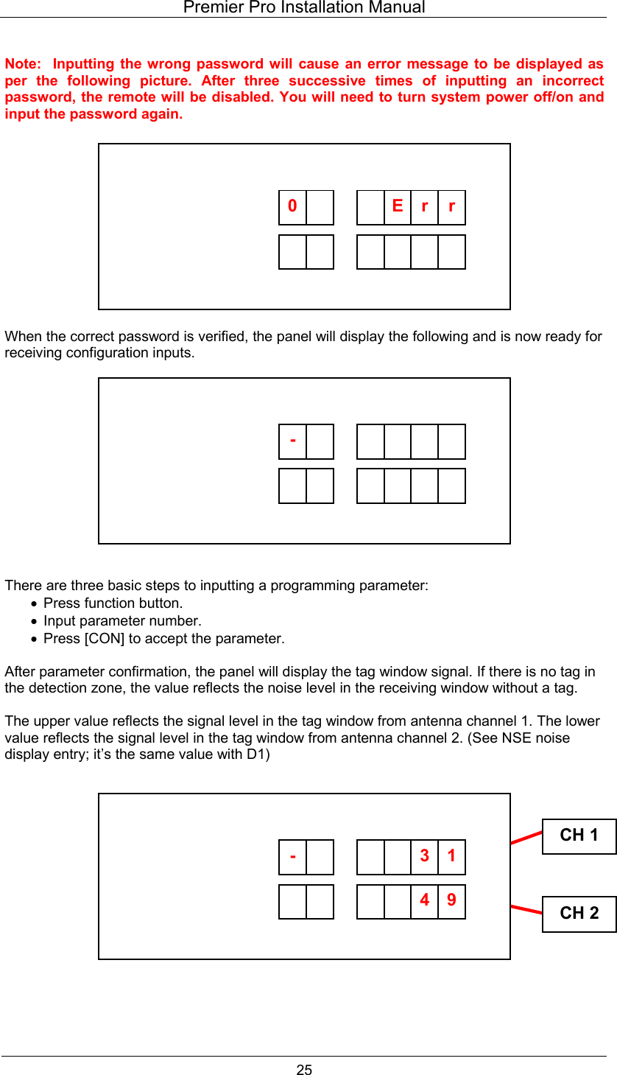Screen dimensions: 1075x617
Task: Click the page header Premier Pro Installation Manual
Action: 303,8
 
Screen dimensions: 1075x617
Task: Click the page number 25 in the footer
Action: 304,1070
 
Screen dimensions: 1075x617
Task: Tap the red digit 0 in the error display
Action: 292,206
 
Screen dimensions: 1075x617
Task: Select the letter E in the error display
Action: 398,206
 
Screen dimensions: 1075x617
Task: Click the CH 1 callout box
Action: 579,836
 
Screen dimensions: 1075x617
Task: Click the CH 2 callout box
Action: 579,914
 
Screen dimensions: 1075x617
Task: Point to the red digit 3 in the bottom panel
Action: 425,856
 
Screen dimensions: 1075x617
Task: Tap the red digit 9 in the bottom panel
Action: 451,900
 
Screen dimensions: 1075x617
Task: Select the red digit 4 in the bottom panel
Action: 425,900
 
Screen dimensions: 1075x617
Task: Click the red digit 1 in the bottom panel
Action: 451,856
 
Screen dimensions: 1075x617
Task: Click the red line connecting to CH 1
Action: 526,836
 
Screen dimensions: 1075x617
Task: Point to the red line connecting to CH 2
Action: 526,908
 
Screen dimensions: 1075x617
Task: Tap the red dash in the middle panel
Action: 293,441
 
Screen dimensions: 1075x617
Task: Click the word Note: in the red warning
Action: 23,64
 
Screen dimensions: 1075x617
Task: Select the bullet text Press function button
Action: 113,603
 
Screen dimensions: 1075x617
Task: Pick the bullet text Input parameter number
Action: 122,621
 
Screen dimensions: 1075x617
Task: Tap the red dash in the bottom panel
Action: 293,856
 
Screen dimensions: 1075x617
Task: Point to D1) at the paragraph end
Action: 258,754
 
